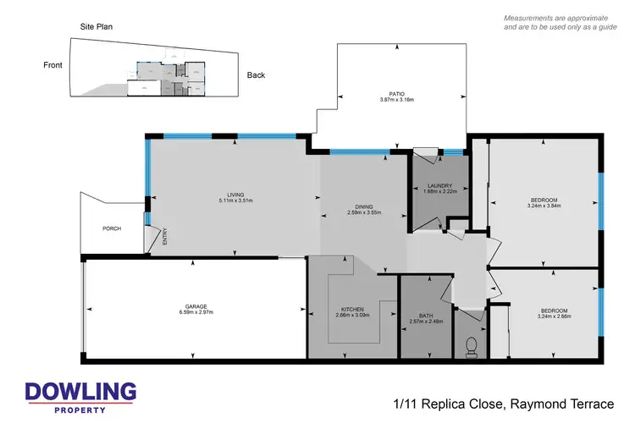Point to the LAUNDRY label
click(x=439, y=185)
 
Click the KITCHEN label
click(x=352, y=309)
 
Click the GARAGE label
click(x=196, y=305)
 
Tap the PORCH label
click(x=111, y=228)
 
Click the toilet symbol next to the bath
click(x=472, y=344)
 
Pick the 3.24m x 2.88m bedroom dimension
click(x=553, y=316)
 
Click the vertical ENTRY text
click(x=165, y=237)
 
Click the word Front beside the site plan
click(x=54, y=64)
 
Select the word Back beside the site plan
click(x=256, y=75)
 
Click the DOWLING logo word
click(x=80, y=392)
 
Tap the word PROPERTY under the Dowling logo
click(x=80, y=409)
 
